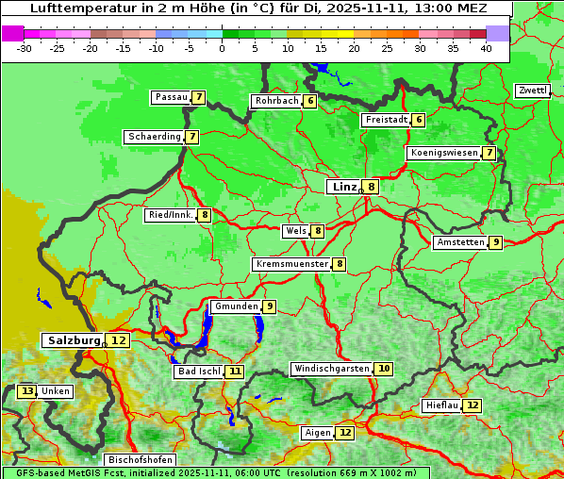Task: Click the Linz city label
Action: click(x=343, y=187)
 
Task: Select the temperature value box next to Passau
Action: click(x=198, y=97)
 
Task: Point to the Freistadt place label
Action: click(x=385, y=120)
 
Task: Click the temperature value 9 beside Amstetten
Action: click(x=496, y=242)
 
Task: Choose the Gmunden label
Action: click(x=235, y=306)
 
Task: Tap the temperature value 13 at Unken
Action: click(x=26, y=391)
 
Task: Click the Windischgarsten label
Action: click(x=331, y=369)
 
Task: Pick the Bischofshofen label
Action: click(x=140, y=460)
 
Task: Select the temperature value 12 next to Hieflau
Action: click(x=473, y=405)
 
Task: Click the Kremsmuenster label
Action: click(x=291, y=264)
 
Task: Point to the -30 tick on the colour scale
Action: click(x=25, y=48)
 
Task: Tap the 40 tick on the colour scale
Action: click(x=486, y=48)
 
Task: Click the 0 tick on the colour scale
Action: click(x=223, y=48)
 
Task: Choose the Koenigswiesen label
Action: click(x=443, y=153)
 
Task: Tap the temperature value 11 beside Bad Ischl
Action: click(x=235, y=372)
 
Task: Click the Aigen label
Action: click(x=317, y=433)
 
